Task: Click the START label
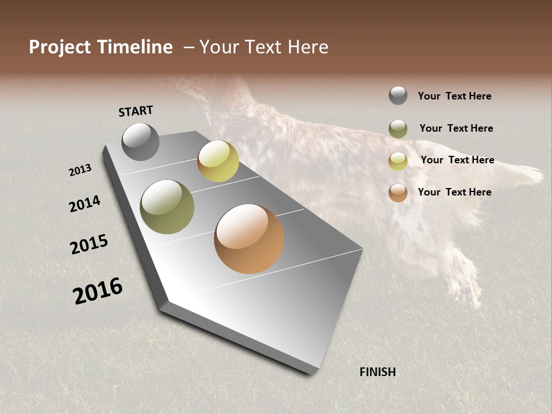(x=136, y=111)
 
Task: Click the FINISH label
(x=378, y=372)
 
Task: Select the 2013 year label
(x=80, y=170)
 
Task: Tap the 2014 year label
(x=85, y=204)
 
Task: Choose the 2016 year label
(x=98, y=291)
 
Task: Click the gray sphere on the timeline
(x=140, y=141)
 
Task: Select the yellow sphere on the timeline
(x=218, y=161)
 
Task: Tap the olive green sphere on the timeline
(x=167, y=207)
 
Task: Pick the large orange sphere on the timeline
(x=249, y=239)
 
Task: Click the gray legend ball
(x=398, y=95)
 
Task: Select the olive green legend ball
(x=398, y=129)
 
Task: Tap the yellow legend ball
(x=398, y=161)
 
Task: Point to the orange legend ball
(x=398, y=193)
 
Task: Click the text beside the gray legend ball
(x=454, y=96)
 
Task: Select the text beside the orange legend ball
(x=454, y=192)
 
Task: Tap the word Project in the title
(x=60, y=47)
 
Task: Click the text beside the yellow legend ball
(x=457, y=160)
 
